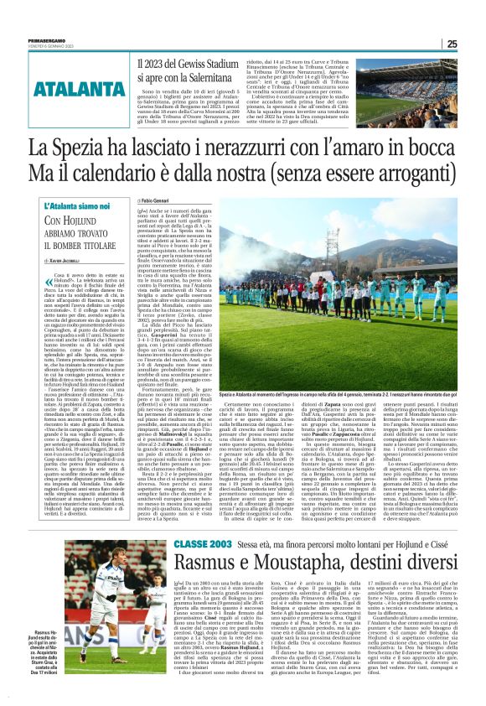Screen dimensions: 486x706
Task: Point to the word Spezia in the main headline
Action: pos(81,148)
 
